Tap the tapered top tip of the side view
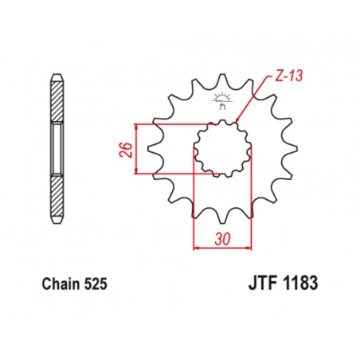click(57, 77)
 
